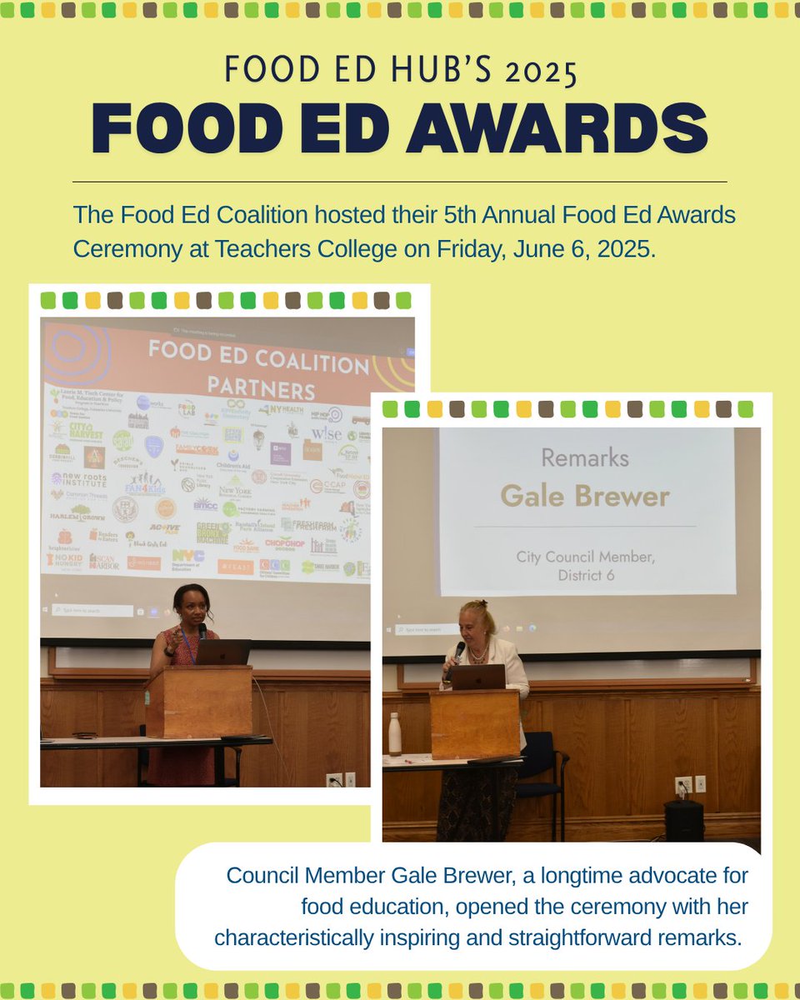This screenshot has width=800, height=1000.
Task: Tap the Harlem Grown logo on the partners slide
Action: tap(75, 513)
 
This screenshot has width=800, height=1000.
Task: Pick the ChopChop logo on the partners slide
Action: tap(285, 542)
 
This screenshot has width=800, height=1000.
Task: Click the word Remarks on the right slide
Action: tap(585, 457)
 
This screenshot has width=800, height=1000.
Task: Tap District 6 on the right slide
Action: tap(586, 575)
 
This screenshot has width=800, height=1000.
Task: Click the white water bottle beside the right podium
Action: tap(395, 734)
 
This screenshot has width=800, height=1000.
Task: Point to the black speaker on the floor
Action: tap(683, 820)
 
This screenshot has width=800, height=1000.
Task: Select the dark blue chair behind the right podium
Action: tap(541, 762)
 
